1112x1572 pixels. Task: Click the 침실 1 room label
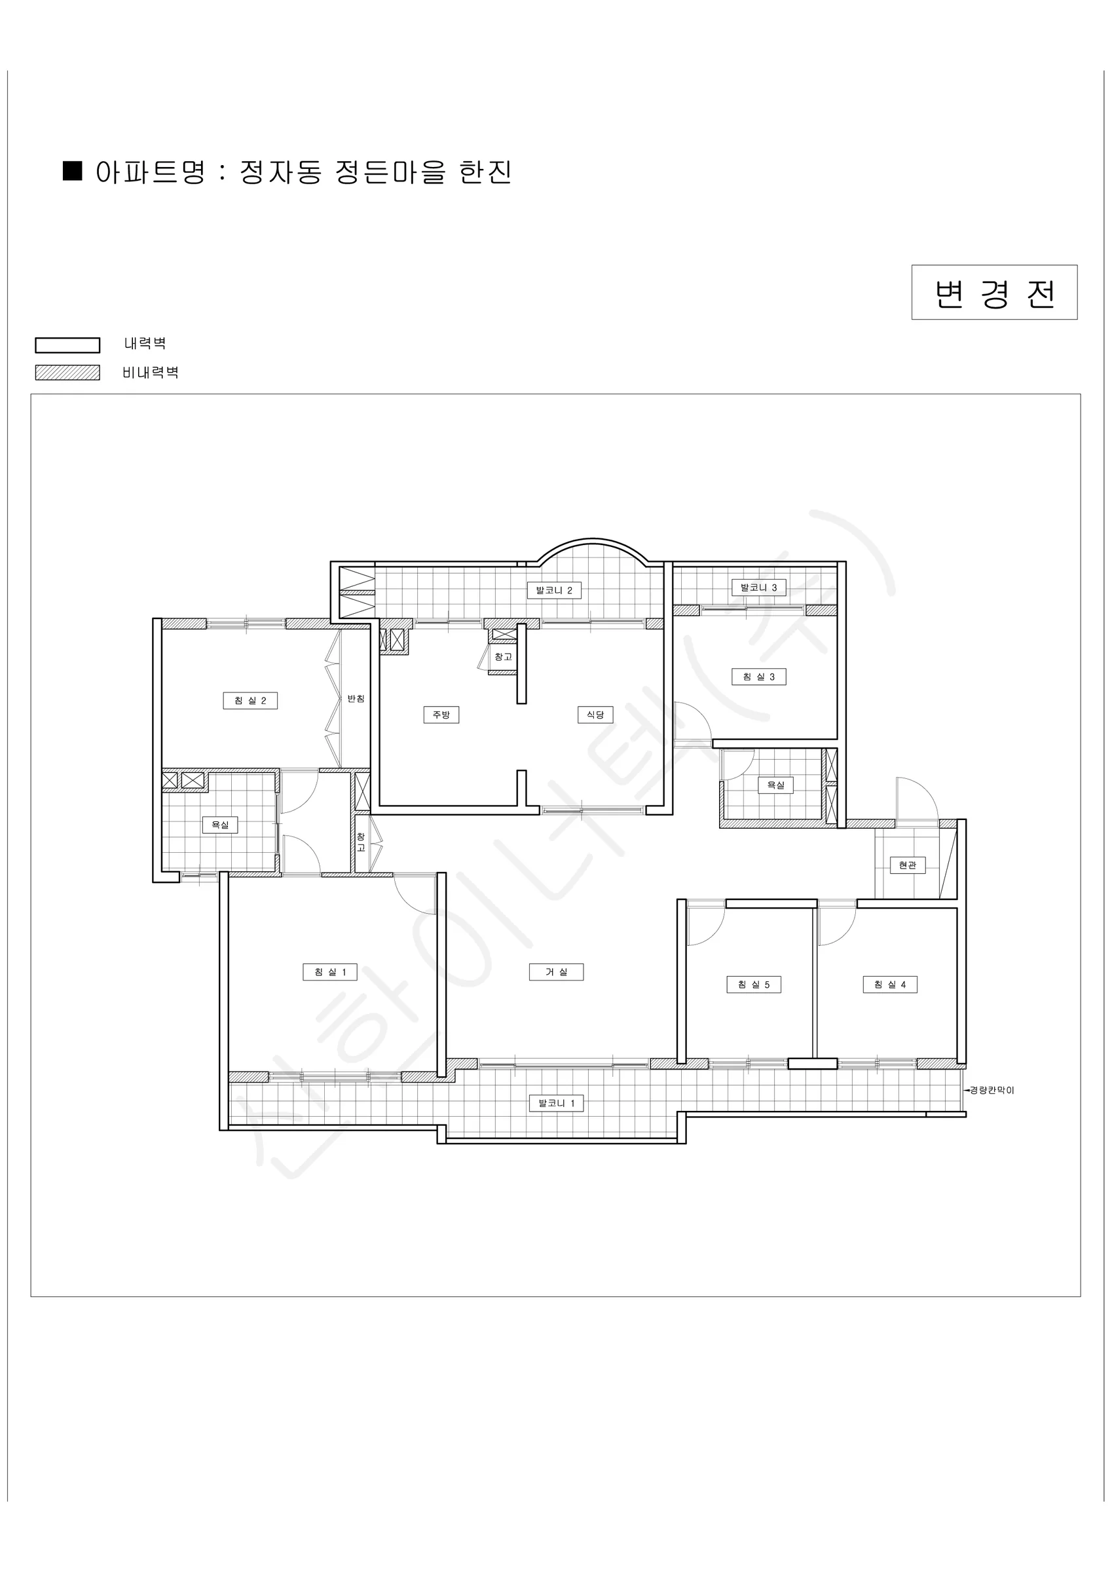click(x=330, y=971)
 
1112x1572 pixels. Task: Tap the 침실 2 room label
click(x=250, y=700)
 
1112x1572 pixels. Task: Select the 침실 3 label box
click(x=758, y=677)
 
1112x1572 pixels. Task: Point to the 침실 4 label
click(x=889, y=984)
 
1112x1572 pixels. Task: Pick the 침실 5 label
click(x=753, y=984)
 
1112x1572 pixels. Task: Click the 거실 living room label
click(x=556, y=971)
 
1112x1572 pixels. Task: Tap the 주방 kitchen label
click(x=441, y=715)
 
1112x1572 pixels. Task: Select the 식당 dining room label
click(x=595, y=715)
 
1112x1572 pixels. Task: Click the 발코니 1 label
click(x=556, y=1103)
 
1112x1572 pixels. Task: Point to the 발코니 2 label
click(x=554, y=590)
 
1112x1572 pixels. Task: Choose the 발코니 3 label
click(x=758, y=588)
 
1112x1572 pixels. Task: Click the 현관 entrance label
click(x=907, y=865)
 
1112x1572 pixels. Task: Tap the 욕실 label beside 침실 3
click(x=776, y=785)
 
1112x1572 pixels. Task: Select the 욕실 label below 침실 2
click(x=220, y=825)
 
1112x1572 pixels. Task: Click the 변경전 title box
click(x=994, y=292)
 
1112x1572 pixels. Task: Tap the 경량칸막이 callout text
click(x=992, y=1090)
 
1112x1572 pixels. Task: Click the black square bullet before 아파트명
click(x=73, y=171)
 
